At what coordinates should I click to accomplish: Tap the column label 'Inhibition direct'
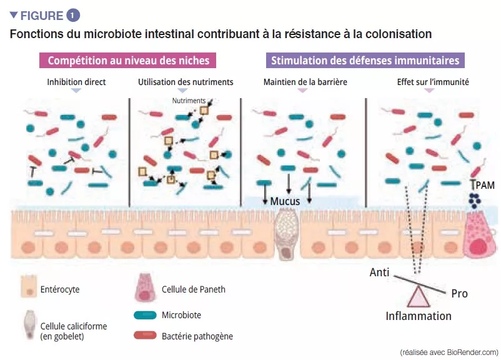click(x=76, y=82)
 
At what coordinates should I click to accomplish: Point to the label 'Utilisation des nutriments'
click(x=186, y=82)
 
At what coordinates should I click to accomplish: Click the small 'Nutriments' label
click(x=190, y=100)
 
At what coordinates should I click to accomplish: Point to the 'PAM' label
click(x=485, y=186)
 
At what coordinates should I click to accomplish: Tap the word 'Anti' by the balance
click(x=380, y=272)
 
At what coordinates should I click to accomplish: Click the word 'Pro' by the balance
click(x=459, y=293)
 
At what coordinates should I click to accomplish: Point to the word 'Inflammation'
click(x=418, y=316)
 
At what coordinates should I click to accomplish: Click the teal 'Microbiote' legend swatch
click(x=144, y=315)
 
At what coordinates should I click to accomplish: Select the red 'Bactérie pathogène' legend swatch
click(x=144, y=336)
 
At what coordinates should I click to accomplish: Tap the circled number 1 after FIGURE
click(x=74, y=15)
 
